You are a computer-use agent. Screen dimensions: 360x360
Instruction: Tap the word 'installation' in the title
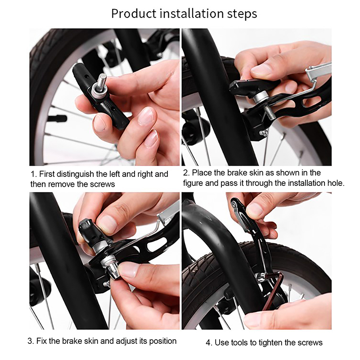192,13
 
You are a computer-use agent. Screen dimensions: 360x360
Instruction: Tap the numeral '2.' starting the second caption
186,173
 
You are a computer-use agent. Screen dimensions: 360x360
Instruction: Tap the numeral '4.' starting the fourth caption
209,343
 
